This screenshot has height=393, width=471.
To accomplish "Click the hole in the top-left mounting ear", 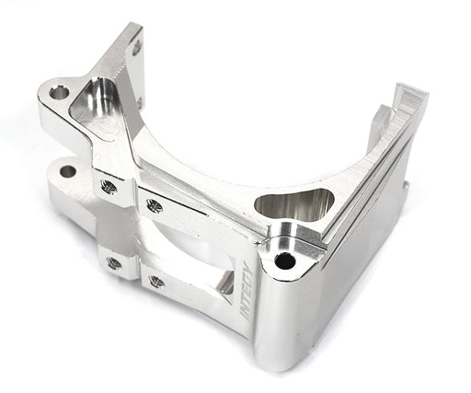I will (59, 92).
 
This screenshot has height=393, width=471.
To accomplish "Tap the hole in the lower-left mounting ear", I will (67, 171).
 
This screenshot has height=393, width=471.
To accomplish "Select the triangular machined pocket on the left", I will (97, 107).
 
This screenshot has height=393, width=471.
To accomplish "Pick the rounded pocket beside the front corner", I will (293, 206).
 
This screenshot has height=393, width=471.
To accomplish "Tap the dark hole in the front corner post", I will (285, 260).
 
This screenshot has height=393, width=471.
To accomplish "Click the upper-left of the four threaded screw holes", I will (109, 187).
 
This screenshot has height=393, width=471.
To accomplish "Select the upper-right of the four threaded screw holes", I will (154, 206).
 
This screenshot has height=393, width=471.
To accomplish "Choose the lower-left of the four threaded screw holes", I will (114, 263).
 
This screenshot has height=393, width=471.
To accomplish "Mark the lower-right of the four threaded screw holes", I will (156, 282).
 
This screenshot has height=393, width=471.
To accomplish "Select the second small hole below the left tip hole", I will (140, 101).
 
